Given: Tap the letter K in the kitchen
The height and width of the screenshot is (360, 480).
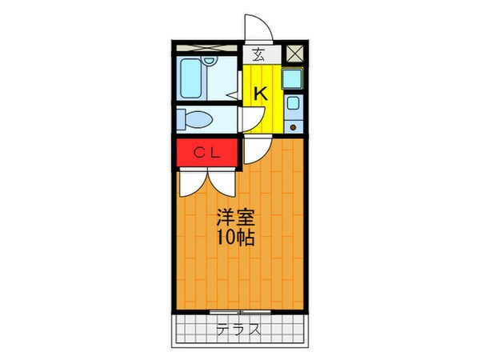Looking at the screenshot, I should point(260,94).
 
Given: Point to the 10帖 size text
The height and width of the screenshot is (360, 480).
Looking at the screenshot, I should point(234,238).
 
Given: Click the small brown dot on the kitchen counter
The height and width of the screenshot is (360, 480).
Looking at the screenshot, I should point(293,126).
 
